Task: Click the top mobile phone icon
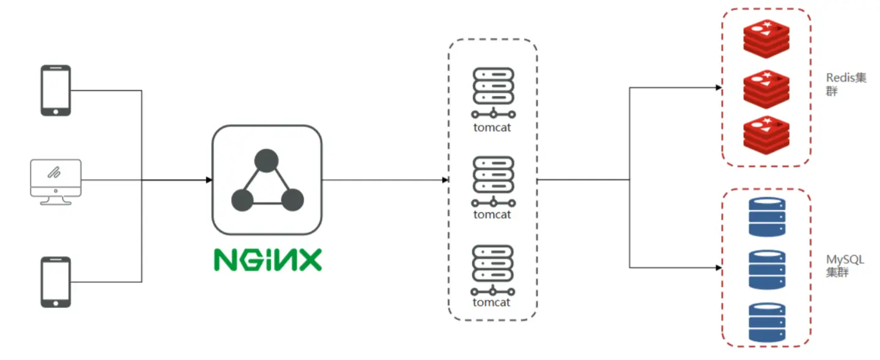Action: coord(56,90)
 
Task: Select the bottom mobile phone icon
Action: coord(56,282)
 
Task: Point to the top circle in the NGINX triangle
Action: coord(267,161)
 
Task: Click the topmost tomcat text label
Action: coord(492,128)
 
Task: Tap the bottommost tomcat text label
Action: coord(492,303)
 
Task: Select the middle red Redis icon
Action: coord(766,87)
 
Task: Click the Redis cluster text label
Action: coord(845,84)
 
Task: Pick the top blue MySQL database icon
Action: coord(767,217)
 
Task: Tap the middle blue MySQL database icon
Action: coord(767,269)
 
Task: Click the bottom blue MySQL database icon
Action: coord(767,322)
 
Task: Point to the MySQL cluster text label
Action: coord(845,266)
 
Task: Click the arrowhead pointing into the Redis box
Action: coord(719,87)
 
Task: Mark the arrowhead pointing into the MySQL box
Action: coord(719,267)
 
